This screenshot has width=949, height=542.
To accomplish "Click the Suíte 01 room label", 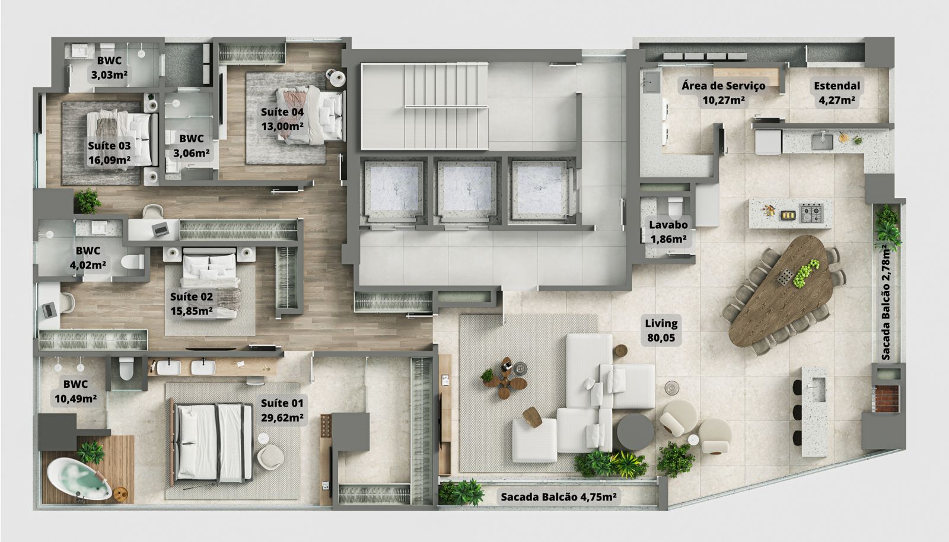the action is click(x=282, y=410).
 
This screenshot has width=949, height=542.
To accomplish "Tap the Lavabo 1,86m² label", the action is click(x=668, y=232).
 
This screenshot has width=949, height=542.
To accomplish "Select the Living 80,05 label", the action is click(x=661, y=330).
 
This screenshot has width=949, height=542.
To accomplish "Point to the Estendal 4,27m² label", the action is click(x=837, y=93).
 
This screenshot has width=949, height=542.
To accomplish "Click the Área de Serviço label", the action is click(x=723, y=86).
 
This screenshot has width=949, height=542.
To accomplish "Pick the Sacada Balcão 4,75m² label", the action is click(x=558, y=497).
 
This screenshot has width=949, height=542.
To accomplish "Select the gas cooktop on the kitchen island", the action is click(x=811, y=213).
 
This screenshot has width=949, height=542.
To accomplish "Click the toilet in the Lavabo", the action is click(x=675, y=207).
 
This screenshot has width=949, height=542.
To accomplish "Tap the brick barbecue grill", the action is click(x=885, y=398).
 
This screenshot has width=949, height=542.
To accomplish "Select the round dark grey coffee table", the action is click(x=635, y=432).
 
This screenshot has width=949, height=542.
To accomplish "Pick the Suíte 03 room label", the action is click(x=109, y=153).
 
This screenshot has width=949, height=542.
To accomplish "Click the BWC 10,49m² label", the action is click(x=75, y=391).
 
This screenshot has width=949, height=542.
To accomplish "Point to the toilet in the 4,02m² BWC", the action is click(x=133, y=262).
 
